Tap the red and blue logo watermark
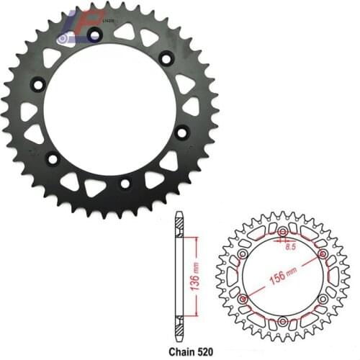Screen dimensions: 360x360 coord(83,29)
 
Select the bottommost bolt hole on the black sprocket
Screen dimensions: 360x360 coord(125,184)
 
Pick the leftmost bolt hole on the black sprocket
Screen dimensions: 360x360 coord(35,86)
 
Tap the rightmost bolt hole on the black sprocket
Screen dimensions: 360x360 coord(181,132)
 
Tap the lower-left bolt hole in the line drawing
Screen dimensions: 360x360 coord(243,297)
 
